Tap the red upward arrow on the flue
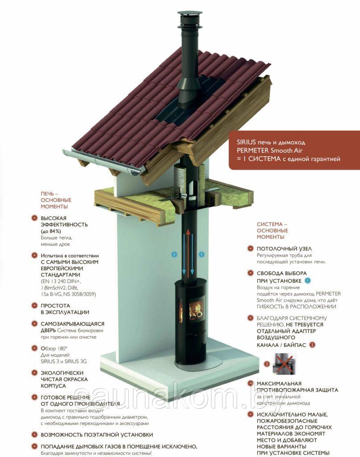(x=188, y=253)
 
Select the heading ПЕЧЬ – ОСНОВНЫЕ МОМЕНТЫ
(x=56, y=200)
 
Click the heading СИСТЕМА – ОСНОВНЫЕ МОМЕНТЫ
(x=272, y=231)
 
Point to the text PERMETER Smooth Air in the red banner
(x=270, y=151)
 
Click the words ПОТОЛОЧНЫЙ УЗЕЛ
(x=284, y=249)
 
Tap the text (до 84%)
(x=51, y=231)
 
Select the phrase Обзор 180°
(x=54, y=348)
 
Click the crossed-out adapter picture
(x=284, y=364)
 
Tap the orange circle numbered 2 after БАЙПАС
(x=312, y=345)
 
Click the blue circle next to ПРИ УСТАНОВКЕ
(x=307, y=281)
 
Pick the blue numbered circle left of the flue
(x=174, y=254)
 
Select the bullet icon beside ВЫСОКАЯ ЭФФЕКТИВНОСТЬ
(x=35, y=218)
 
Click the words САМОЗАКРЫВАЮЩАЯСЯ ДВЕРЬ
(x=72, y=327)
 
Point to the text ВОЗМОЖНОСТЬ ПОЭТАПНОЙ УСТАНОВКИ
(x=97, y=435)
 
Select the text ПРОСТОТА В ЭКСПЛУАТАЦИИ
(x=65, y=309)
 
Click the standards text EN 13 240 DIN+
(x=61, y=281)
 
